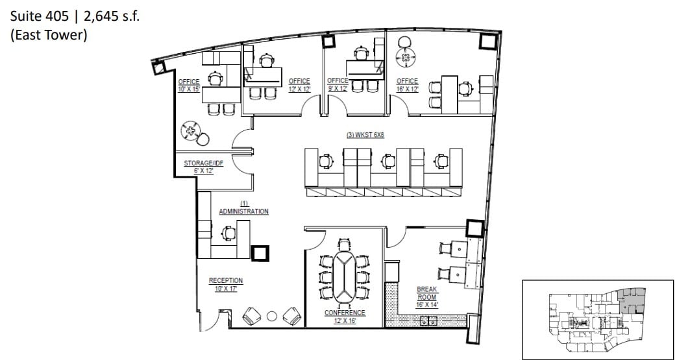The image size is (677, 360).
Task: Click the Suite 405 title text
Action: point(75,16)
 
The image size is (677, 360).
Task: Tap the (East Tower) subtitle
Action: point(49,35)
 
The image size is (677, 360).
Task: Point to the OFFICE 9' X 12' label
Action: point(338,84)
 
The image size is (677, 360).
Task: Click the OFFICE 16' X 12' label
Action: point(407,85)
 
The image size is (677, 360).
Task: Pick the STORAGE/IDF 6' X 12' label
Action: point(203,167)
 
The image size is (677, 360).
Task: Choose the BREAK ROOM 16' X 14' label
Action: point(427,296)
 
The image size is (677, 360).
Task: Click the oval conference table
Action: point(345,269)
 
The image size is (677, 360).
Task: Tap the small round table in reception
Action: point(272,317)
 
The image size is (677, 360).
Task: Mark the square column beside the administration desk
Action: point(262,253)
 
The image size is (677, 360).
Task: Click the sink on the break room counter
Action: point(426,319)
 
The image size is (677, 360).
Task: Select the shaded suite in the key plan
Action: point(632,301)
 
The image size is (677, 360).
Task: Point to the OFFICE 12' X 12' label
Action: point(299,85)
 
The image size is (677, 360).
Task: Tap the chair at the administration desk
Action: point(228,232)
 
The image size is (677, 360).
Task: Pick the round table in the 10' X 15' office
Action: point(191,130)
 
